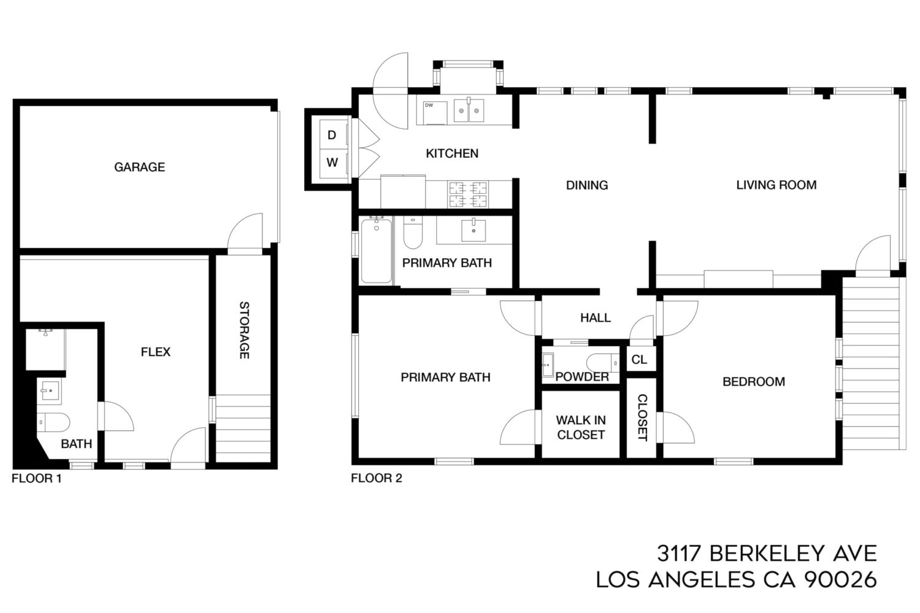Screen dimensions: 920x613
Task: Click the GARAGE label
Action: click(x=140, y=167)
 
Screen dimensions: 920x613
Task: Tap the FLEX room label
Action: click(x=155, y=352)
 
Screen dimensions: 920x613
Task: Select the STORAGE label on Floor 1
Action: click(x=244, y=330)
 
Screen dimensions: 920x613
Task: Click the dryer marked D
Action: click(x=332, y=135)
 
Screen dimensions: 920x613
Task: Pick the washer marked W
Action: click(x=332, y=163)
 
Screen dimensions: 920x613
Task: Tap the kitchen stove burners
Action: click(x=468, y=194)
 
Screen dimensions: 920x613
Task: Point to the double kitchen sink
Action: click(x=469, y=110)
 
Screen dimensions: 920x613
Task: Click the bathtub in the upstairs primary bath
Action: click(x=376, y=251)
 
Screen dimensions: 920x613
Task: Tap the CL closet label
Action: click(x=639, y=360)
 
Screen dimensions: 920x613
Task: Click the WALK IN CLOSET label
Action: click(x=581, y=427)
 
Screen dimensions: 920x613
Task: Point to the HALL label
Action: click(x=596, y=318)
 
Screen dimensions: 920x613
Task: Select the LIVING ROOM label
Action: click(x=776, y=185)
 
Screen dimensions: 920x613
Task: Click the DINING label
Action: click(x=587, y=185)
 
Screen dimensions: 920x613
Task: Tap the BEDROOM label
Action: click(x=754, y=382)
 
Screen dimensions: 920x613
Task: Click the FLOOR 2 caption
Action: click(x=376, y=478)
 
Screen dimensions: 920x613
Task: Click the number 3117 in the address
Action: click(x=678, y=554)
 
